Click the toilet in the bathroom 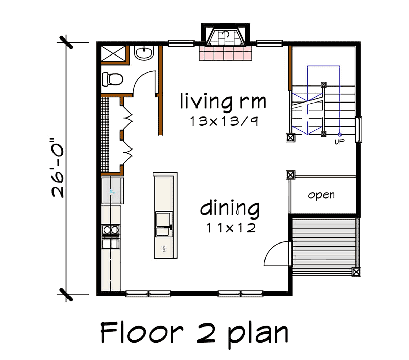pyautogui.click(x=112, y=79)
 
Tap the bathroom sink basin pyautogui.click(x=144, y=53)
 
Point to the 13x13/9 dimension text pyautogui.click(x=224, y=121)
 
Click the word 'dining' pyautogui.click(x=229, y=209)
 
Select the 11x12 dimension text pyautogui.click(x=231, y=228)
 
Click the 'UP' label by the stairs pyautogui.click(x=339, y=142)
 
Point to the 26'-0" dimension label pyautogui.click(x=57, y=167)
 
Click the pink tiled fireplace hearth pyautogui.click(x=226, y=53)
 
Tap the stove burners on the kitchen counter pyautogui.click(x=111, y=230)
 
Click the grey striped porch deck pyautogui.click(x=324, y=246)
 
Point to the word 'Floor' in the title pyautogui.click(x=142, y=332)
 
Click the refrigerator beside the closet pyautogui.click(x=112, y=191)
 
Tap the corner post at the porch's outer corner pyautogui.click(x=356, y=272)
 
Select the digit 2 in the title pyautogui.click(x=206, y=332)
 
